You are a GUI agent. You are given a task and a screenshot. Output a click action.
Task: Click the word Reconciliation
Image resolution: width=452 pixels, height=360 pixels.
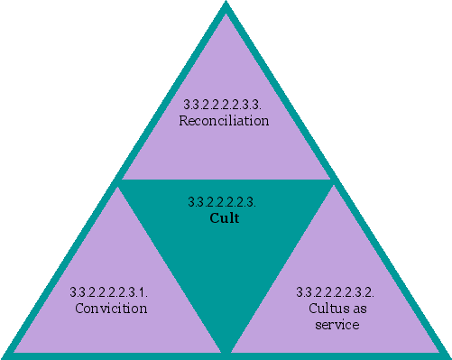pyautogui.click(x=224, y=121)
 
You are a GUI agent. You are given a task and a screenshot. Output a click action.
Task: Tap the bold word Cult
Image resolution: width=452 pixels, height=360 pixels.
pyautogui.click(x=225, y=217)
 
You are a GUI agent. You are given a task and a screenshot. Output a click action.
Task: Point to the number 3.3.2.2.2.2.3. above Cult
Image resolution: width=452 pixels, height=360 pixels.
pyautogui.click(x=225, y=201)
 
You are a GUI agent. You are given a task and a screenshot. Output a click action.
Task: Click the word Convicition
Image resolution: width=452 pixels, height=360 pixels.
pyautogui.click(x=111, y=308)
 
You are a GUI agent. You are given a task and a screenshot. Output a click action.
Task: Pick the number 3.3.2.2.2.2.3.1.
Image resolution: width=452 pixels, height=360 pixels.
pyautogui.click(x=109, y=292)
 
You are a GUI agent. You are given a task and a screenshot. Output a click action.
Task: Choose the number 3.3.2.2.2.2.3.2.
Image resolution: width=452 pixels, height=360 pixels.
pyautogui.click(x=336, y=292)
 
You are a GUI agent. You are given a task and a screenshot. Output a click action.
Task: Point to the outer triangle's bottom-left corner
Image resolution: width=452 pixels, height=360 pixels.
pyautogui.click(x=4, y=355)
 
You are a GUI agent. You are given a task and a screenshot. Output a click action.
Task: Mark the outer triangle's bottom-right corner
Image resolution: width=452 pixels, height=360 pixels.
pyautogui.click(x=448, y=355)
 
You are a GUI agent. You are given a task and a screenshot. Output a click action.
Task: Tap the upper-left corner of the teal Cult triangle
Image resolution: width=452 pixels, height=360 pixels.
pyautogui.click(x=120, y=181)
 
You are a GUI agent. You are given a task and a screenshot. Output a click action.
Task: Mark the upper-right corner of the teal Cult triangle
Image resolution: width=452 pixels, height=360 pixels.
pyautogui.click(x=333, y=181)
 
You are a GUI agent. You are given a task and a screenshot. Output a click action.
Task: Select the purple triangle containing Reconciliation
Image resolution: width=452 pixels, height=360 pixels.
pyautogui.click(x=225, y=135)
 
